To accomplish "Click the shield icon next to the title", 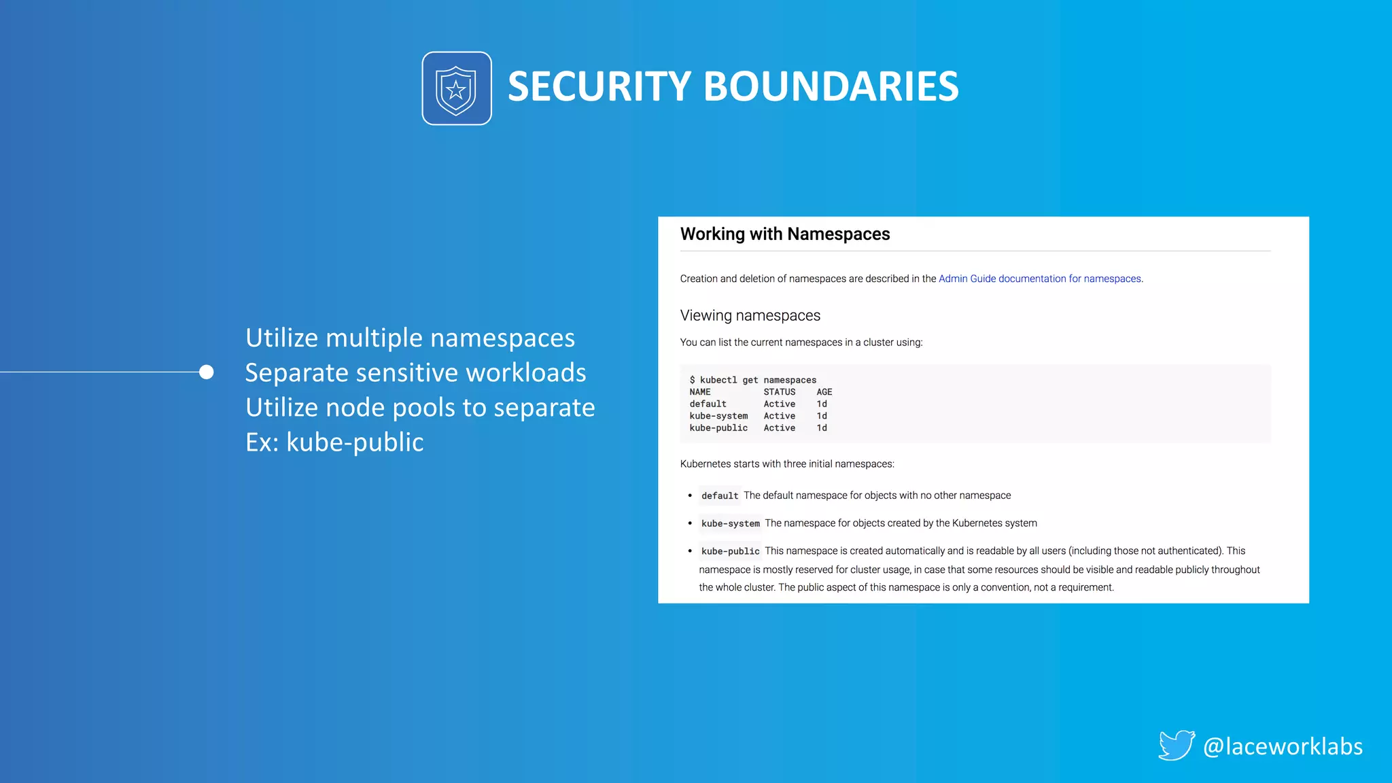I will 456,88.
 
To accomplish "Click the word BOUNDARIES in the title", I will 831,87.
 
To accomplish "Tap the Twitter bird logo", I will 1176,745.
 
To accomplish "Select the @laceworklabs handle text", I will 1283,746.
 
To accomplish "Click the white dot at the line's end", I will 207,372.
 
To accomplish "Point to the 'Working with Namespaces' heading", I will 784,234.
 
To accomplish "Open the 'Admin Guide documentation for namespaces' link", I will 1039,279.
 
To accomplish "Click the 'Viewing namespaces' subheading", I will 750,315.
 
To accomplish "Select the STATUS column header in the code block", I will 779,392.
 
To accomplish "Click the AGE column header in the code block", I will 824,392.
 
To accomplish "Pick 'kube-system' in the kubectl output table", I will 718,416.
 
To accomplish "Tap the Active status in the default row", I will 779,404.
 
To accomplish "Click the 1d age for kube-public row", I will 822,428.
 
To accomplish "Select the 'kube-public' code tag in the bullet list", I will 730,551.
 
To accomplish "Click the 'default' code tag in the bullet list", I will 719,496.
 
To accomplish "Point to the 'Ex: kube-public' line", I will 334,442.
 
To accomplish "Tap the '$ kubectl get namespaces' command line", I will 753,380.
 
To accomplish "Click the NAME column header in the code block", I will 699,392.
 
